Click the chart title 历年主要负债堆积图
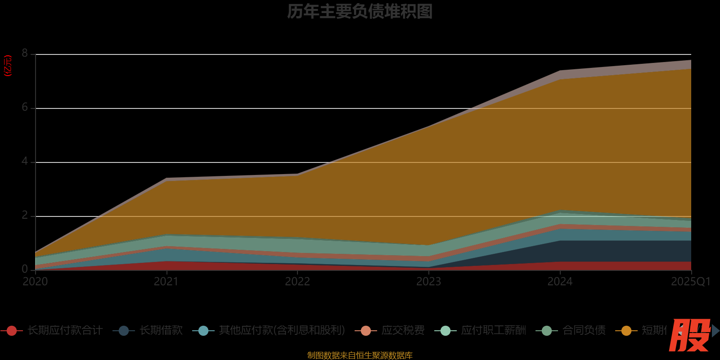[x=360, y=12]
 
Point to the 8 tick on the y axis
[x=25, y=54]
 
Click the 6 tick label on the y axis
[x=25, y=108]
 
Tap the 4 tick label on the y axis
[x=25, y=162]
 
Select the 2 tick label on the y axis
[x=25, y=216]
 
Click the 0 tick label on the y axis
[x=25, y=269]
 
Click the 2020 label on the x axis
[x=35, y=282]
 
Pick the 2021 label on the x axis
[x=166, y=282]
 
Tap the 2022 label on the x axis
[x=297, y=282]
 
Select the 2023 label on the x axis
[x=428, y=282]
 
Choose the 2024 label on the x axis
[x=560, y=282]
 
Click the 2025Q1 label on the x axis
[x=690, y=282]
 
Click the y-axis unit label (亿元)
[x=8, y=66]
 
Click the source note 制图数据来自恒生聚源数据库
[x=360, y=355]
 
